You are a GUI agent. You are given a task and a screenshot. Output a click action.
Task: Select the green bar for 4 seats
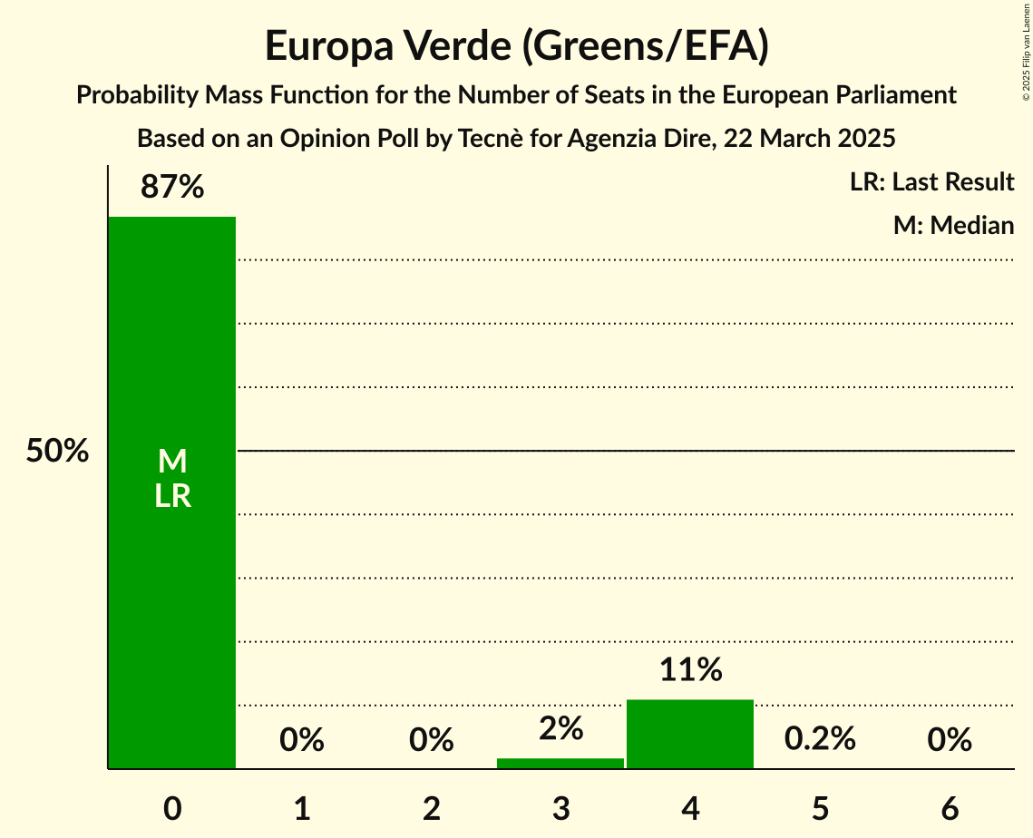(x=690, y=734)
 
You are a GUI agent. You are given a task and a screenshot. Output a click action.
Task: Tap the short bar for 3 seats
(x=560, y=763)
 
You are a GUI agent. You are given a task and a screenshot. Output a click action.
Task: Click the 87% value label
(x=172, y=187)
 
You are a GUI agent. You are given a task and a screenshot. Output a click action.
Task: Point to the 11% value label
(x=690, y=670)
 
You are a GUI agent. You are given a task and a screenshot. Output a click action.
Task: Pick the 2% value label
(x=560, y=728)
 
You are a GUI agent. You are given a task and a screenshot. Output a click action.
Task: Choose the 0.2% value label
(x=820, y=739)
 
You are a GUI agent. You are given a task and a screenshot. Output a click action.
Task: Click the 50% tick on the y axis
(x=57, y=451)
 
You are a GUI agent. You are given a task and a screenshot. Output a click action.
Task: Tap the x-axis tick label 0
(x=172, y=808)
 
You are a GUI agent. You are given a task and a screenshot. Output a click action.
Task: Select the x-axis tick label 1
(x=302, y=808)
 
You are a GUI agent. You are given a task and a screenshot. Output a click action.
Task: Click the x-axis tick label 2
(x=432, y=808)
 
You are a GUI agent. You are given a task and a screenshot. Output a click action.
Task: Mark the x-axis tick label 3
(x=560, y=808)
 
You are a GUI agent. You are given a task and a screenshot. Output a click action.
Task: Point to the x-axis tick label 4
(x=690, y=808)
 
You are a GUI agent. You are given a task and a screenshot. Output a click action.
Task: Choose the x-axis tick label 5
(x=820, y=808)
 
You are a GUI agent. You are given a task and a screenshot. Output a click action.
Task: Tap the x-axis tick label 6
(x=950, y=808)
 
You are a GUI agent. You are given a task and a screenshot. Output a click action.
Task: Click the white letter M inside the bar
(x=172, y=462)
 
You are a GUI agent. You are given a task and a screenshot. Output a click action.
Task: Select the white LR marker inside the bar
(x=172, y=496)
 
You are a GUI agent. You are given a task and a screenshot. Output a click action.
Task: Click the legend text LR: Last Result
(x=931, y=182)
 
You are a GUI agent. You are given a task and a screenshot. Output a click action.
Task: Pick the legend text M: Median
(x=953, y=225)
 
